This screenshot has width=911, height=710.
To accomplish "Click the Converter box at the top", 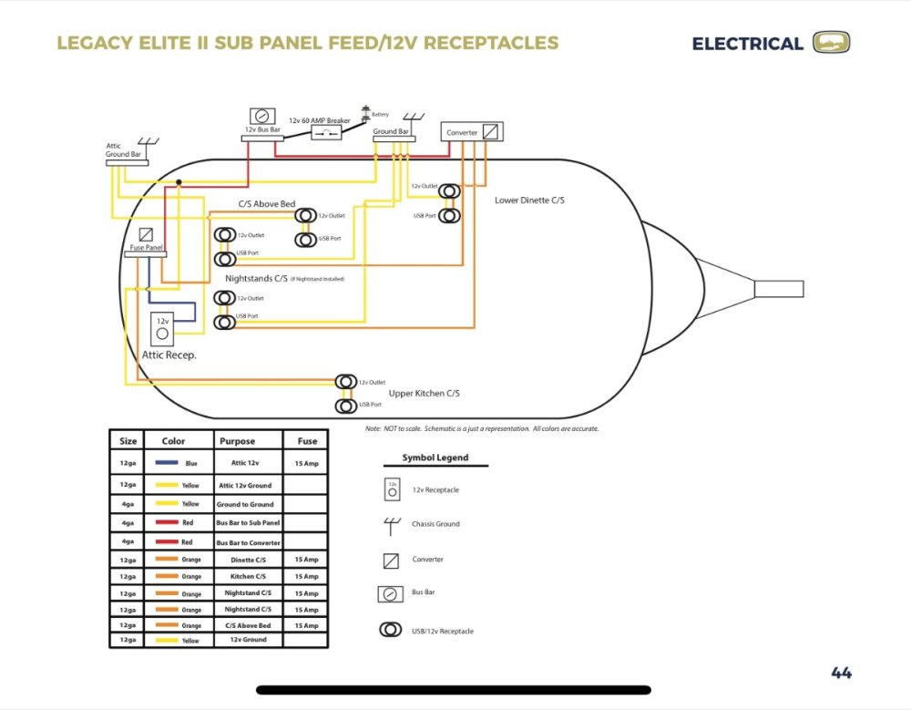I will [472, 132].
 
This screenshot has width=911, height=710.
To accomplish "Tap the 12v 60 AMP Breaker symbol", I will [326, 133].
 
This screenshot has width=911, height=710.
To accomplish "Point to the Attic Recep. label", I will [169, 354].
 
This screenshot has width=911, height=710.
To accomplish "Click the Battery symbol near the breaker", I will [366, 113].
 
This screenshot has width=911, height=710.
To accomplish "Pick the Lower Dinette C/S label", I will [528, 200].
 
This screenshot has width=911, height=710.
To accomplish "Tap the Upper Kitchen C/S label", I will [424, 393].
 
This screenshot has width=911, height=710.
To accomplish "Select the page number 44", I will [841, 674].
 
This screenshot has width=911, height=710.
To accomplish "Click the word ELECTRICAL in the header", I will [747, 44].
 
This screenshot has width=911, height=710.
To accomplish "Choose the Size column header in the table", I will [128, 441].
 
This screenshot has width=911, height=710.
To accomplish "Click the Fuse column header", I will [307, 441].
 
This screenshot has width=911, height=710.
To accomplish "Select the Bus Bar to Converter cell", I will [249, 542].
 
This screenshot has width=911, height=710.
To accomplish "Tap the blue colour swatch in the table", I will [167, 463].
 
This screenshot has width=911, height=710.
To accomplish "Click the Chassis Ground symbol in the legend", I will [392, 524].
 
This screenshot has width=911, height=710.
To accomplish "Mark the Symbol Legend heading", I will [435, 458].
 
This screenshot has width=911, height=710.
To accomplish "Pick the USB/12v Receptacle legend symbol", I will [392, 630].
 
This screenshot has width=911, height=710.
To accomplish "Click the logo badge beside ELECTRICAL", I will [830, 43].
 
